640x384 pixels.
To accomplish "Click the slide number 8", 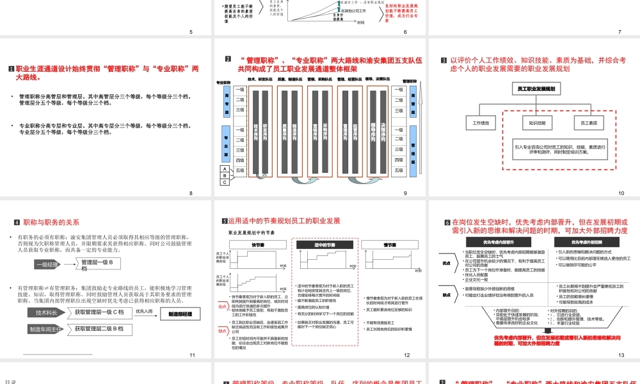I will coord(191,193).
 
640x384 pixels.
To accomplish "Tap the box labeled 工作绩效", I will coord(480,122).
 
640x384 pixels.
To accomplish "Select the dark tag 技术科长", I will coord(46,312).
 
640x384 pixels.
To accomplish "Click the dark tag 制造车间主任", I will coord(46,329).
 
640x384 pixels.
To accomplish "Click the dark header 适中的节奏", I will coord(325,244).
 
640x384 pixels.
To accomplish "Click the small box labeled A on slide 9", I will coord(224,169).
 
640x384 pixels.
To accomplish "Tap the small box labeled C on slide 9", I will coord(224,182).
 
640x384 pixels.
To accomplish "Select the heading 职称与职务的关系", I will coord(51,222).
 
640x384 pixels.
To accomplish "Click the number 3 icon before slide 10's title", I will coord(444,61).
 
